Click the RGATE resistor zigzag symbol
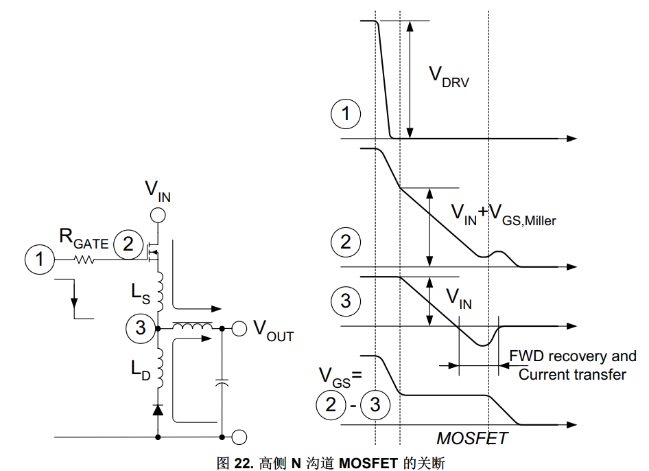click(84, 260)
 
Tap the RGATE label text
click(84, 239)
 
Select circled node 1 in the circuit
click(39, 260)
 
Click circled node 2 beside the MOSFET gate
click(128, 244)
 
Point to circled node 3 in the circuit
click(141, 328)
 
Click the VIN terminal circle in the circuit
click(158, 216)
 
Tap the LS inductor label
click(141, 293)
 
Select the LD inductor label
click(141, 369)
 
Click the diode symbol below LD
click(158, 410)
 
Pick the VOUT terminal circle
click(239, 328)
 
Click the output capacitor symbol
click(222, 382)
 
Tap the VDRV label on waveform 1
click(449, 77)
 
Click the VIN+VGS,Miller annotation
click(503, 215)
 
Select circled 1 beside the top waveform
click(346, 114)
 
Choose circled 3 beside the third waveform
click(346, 301)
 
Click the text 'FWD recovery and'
click(572, 356)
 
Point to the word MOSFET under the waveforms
click(472, 438)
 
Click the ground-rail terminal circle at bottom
click(239, 437)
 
